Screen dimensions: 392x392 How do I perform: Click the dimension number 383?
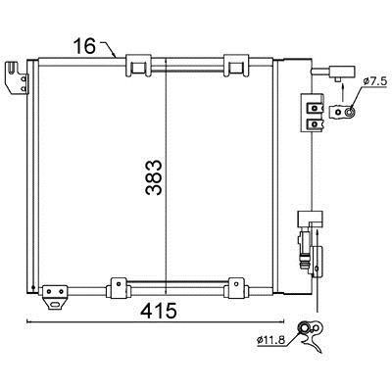[154, 177]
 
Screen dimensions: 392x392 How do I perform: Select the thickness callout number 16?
[84, 46]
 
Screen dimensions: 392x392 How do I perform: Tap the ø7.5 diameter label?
[374, 81]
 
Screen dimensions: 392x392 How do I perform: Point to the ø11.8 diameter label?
[270, 340]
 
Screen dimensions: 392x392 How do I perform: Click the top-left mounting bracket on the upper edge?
[138, 66]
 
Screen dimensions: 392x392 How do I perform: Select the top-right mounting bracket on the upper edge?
[236, 66]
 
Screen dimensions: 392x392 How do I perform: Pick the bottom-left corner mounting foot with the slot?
[55, 297]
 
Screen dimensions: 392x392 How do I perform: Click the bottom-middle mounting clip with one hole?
[118, 288]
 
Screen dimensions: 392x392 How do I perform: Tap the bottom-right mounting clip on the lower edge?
[236, 288]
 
